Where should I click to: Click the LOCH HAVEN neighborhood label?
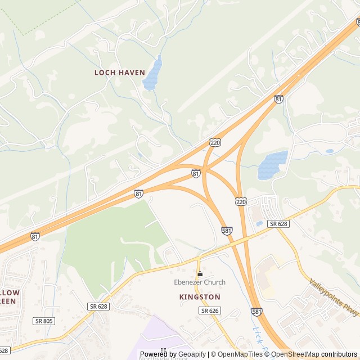point(119,73)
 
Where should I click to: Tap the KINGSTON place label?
point(200,296)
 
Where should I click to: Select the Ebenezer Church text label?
point(199,282)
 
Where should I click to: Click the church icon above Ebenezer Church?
point(199,273)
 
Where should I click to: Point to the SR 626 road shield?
point(209,310)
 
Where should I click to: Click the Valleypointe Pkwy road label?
point(334,298)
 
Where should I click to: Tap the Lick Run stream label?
point(260,337)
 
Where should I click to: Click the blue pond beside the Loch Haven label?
point(152,74)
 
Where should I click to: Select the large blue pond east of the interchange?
point(272,165)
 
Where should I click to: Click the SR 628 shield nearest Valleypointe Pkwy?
point(278,224)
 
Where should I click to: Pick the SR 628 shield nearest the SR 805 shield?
point(98,306)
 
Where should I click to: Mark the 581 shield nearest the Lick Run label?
point(256,311)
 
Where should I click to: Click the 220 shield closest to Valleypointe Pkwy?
point(241,201)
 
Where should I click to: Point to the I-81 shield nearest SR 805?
point(35,237)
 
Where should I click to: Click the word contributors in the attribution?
point(339,354)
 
